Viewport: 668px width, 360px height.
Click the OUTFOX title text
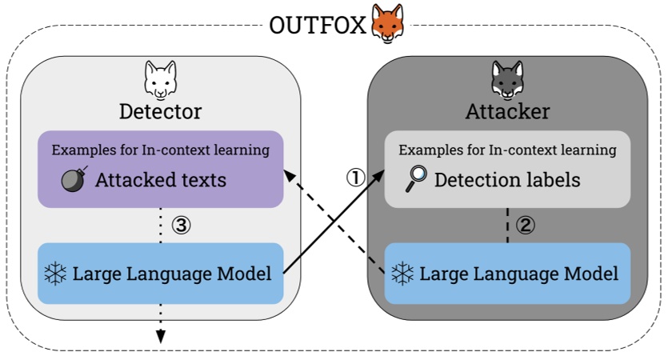318,25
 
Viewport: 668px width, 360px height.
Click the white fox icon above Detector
160,79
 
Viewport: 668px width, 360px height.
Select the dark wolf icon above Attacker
506,79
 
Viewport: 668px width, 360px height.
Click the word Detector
160,111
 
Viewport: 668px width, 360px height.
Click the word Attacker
507,111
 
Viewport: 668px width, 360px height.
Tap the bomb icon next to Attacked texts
74,179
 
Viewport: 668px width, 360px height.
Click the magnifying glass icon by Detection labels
416,178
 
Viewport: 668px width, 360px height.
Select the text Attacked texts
160,180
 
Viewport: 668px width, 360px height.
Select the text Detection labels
507,179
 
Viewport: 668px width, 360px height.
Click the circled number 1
355,178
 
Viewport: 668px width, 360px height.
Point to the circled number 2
525,225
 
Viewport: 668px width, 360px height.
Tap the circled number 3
182,226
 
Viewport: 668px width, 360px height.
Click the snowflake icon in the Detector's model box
56,274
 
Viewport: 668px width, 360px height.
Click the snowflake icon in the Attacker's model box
402,274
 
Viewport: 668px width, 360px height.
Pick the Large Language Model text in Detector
172,274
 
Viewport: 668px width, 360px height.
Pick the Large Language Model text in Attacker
518,274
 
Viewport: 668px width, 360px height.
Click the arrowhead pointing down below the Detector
160,336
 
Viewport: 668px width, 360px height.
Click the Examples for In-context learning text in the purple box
160,150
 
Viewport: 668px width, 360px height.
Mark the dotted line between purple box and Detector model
160,226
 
